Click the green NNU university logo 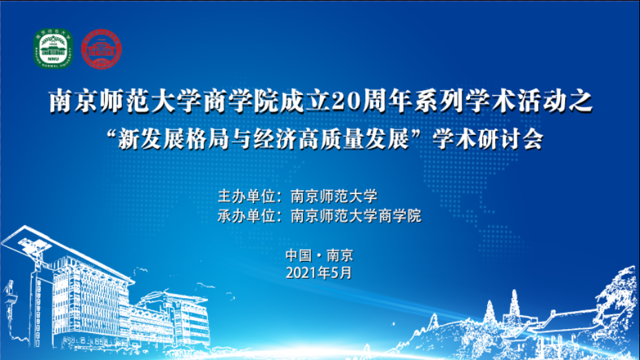(x=53, y=49)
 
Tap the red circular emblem (x=101, y=49)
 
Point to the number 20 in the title (x=345, y=101)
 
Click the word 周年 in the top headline (x=387, y=101)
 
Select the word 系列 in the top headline (x=439, y=101)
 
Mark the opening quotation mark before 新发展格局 (x=110, y=134)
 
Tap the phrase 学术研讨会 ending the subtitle (x=488, y=140)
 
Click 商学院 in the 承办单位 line (x=399, y=215)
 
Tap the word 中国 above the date (x=299, y=255)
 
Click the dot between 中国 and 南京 (x=319, y=256)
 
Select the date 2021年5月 (x=319, y=273)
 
